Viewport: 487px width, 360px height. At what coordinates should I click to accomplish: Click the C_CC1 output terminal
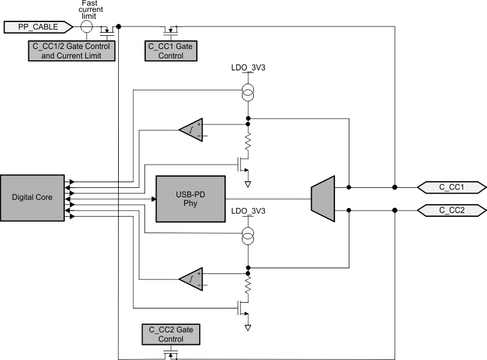pyautogui.click(x=452, y=187)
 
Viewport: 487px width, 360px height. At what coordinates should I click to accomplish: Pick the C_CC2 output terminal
pyautogui.click(x=452, y=210)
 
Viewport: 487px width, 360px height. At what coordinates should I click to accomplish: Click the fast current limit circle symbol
pyautogui.click(x=87, y=27)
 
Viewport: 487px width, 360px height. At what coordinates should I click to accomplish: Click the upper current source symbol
pyautogui.click(x=248, y=94)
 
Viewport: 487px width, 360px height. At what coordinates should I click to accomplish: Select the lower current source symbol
pyautogui.click(x=248, y=236)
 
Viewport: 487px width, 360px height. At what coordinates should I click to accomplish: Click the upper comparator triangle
pyautogui.click(x=191, y=130)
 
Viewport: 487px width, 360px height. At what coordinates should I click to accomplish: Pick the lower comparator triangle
pyautogui.click(x=191, y=278)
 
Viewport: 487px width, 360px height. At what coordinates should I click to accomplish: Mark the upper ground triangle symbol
pyautogui.click(x=248, y=184)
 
